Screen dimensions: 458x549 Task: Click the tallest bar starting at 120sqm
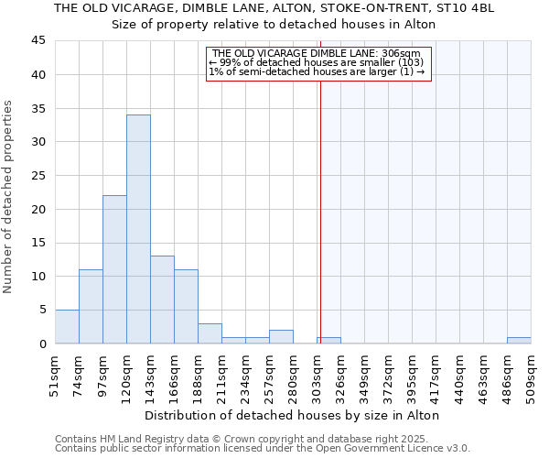pos(138,229)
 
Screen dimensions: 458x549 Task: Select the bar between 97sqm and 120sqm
pos(114,269)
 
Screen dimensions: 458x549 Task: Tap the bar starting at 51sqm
pos(67,327)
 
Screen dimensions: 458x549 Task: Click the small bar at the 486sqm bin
pos(519,341)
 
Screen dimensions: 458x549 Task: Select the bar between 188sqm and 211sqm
pos(210,333)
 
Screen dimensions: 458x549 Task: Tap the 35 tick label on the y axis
pos(38,108)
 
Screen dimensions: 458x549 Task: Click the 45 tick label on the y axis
pos(38,41)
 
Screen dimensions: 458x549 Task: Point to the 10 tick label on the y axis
pos(38,277)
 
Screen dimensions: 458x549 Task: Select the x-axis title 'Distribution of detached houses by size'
pos(293,415)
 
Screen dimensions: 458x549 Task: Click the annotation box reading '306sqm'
pos(318,64)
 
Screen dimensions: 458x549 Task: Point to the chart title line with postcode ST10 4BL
pos(274,8)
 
